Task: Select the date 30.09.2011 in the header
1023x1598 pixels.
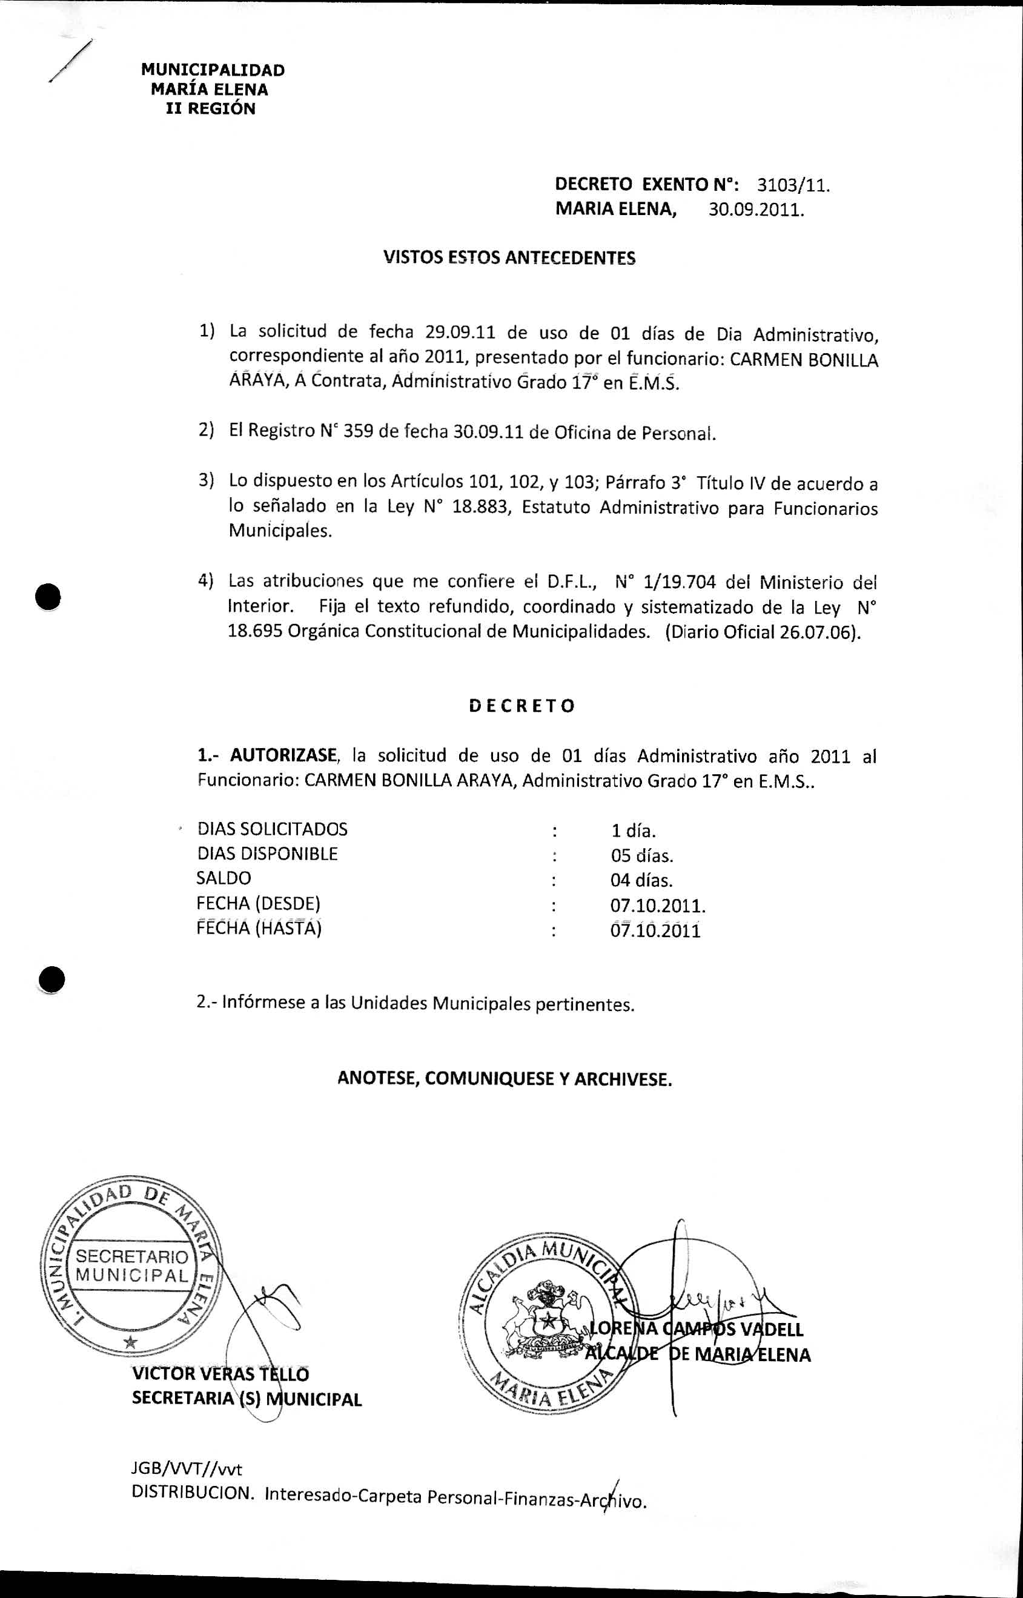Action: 756,211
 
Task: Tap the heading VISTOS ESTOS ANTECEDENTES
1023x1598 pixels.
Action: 509,257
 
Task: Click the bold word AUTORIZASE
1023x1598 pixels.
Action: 283,755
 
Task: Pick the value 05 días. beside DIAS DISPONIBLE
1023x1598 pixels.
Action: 641,855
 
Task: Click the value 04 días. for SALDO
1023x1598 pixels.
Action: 641,881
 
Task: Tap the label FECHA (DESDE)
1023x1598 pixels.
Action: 259,903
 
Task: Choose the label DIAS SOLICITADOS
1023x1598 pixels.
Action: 273,829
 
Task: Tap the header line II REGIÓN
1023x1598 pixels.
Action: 211,109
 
